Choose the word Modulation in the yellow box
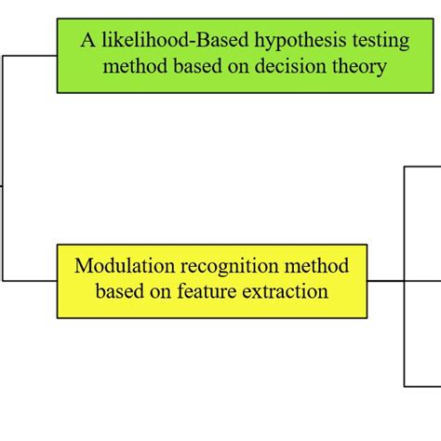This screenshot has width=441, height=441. [x=117, y=266]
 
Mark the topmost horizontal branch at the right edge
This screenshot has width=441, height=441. [x=422, y=167]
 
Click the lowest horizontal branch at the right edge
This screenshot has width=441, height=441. [x=422, y=386]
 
